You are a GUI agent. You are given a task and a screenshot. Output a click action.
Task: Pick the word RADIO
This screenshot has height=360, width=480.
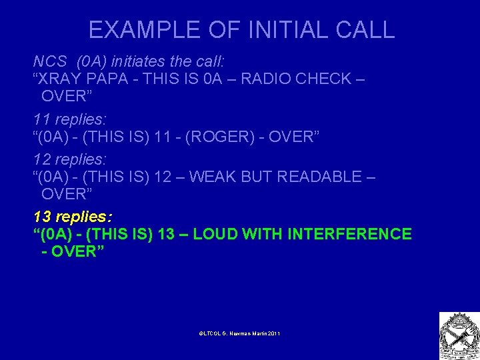point(265,79)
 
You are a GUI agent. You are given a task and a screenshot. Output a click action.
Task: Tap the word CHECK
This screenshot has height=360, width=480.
point(321,79)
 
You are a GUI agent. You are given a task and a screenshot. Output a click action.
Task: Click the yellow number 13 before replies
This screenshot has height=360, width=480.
point(41,217)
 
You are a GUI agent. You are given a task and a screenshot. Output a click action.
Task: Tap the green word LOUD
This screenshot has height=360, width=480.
point(213,235)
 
